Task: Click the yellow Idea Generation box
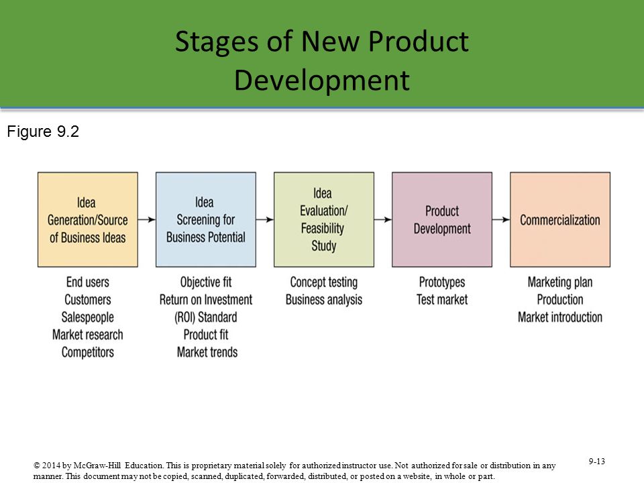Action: pyautogui.click(x=87, y=220)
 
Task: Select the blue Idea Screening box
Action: pyautogui.click(x=206, y=220)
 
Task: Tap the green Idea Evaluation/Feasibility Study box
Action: pyautogui.click(x=324, y=220)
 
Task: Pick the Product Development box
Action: pyautogui.click(x=442, y=220)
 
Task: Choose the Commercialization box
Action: pyautogui.click(x=560, y=220)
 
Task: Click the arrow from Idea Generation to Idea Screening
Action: pyautogui.click(x=147, y=220)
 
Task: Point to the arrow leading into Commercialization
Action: pyautogui.click(x=501, y=220)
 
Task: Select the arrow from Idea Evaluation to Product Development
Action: pyautogui.click(x=383, y=220)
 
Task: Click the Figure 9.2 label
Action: pyautogui.click(x=43, y=132)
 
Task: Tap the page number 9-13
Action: pyautogui.click(x=597, y=462)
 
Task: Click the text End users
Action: pyautogui.click(x=87, y=282)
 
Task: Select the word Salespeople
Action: pyautogui.click(x=87, y=317)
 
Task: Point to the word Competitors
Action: pyautogui.click(x=87, y=352)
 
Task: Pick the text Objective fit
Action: pyautogui.click(x=206, y=282)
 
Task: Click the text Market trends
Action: pyautogui.click(x=207, y=352)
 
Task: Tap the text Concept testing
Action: pyautogui.click(x=324, y=282)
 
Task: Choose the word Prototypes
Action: pyautogui.click(x=442, y=282)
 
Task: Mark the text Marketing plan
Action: pyautogui.click(x=560, y=282)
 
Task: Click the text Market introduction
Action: pyautogui.click(x=560, y=317)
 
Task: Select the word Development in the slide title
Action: pyautogui.click(x=322, y=80)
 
